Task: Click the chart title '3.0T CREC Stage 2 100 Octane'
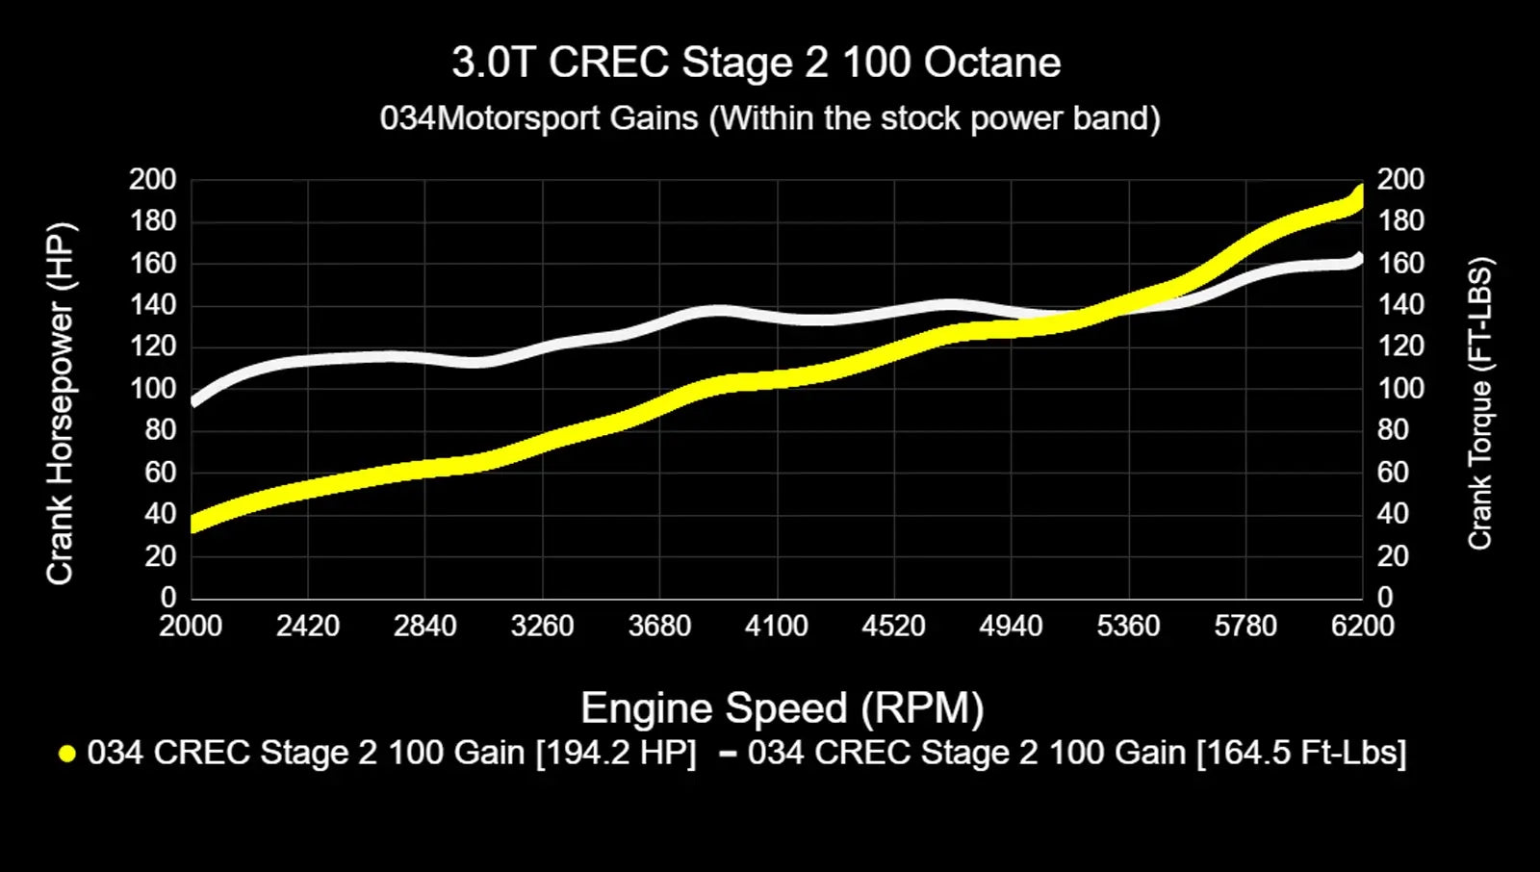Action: (x=757, y=64)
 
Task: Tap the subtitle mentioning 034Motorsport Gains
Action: (x=770, y=118)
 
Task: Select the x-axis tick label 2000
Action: (x=191, y=627)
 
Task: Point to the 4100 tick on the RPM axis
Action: (x=776, y=627)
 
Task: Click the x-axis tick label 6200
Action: (x=1362, y=627)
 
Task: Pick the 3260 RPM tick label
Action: (x=542, y=627)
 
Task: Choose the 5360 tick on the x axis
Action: (x=1128, y=627)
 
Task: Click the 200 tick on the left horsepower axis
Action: (x=153, y=180)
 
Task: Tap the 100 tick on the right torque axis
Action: (x=1400, y=389)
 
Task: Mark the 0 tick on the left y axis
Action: (x=168, y=598)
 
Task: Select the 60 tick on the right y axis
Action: (x=1393, y=473)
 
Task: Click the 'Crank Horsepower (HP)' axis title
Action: (x=60, y=404)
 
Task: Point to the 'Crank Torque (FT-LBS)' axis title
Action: (x=1479, y=404)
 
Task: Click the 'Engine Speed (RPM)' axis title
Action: (x=782, y=708)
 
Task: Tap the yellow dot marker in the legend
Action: (x=66, y=754)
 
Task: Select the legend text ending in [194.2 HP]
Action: (x=391, y=753)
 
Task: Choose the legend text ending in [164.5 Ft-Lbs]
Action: (x=1076, y=753)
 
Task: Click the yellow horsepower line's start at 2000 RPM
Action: (x=194, y=524)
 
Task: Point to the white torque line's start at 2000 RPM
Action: (x=194, y=400)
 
